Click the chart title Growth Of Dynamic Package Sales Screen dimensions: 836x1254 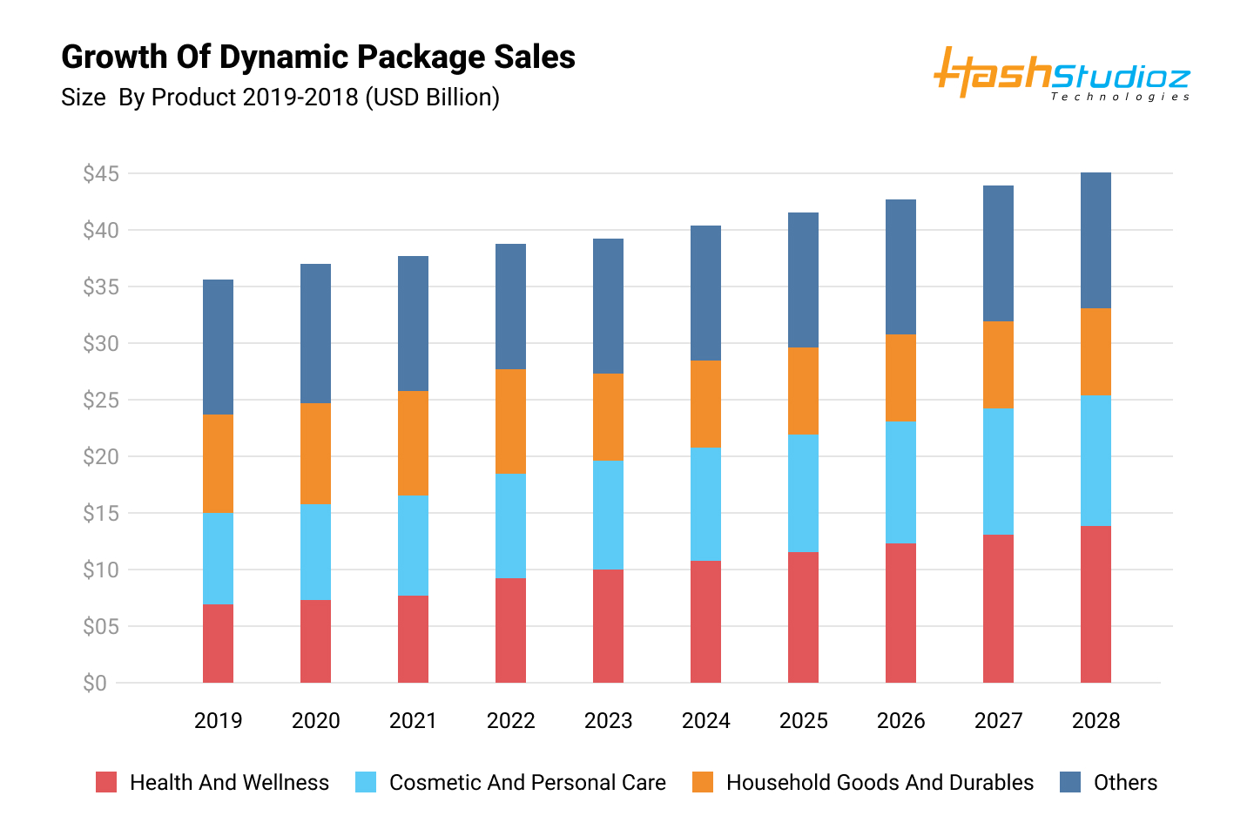[x=318, y=57]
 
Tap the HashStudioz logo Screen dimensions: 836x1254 [x=1062, y=75]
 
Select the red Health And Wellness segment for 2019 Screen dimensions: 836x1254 [x=218, y=644]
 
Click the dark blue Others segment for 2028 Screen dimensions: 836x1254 [x=1096, y=240]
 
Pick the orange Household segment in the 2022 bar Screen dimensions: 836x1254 [x=510, y=421]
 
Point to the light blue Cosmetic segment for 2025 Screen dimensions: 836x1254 [x=803, y=493]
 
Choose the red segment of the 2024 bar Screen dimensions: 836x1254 [x=705, y=622]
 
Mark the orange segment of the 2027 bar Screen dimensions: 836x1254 [x=998, y=365]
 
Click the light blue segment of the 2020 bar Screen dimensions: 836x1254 [x=315, y=552]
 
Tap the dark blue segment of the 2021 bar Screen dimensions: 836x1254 [x=413, y=324]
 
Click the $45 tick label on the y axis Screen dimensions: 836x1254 [x=100, y=174]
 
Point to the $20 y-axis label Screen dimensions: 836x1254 [x=100, y=457]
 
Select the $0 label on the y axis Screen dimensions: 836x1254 [x=95, y=684]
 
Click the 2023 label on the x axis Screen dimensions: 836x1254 [x=608, y=721]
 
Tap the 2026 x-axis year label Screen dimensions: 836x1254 [x=900, y=721]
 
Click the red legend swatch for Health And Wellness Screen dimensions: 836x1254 [x=106, y=782]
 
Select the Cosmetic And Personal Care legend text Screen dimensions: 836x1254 [x=527, y=783]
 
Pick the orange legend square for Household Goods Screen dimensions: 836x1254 [x=703, y=782]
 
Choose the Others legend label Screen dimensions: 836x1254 [x=1125, y=783]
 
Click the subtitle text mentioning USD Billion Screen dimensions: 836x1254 [x=280, y=98]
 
